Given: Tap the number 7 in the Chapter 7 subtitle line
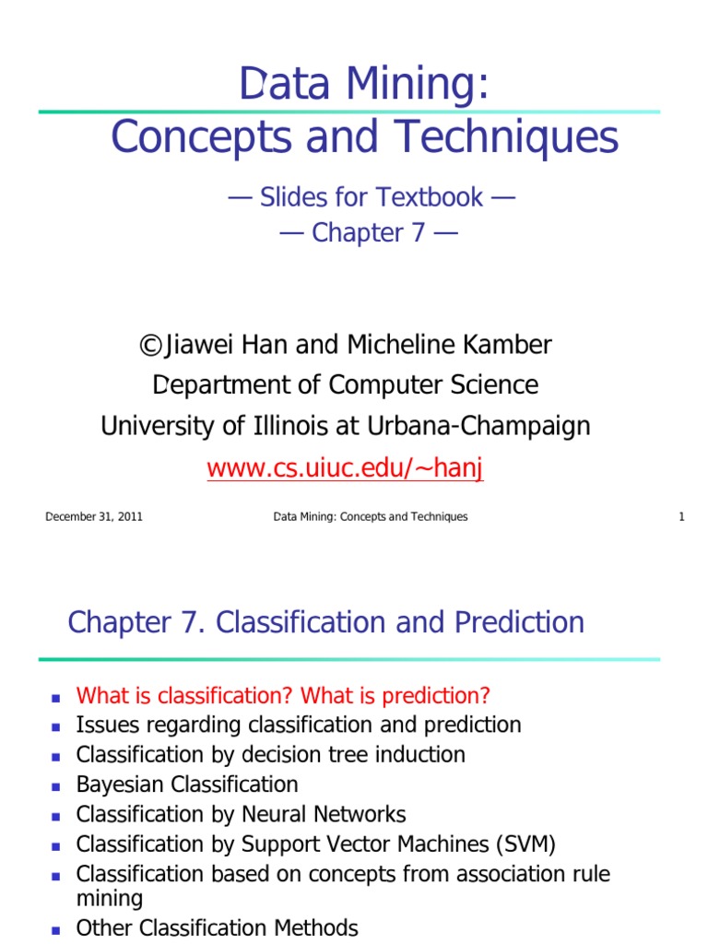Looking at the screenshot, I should (x=418, y=233).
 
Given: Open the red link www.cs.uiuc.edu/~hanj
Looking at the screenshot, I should (x=345, y=467).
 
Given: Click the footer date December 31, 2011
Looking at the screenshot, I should (x=94, y=517).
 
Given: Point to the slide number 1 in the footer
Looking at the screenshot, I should (x=681, y=517).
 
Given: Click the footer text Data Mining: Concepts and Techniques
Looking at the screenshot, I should (x=371, y=517).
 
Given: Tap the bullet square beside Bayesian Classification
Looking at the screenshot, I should (x=56, y=786).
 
